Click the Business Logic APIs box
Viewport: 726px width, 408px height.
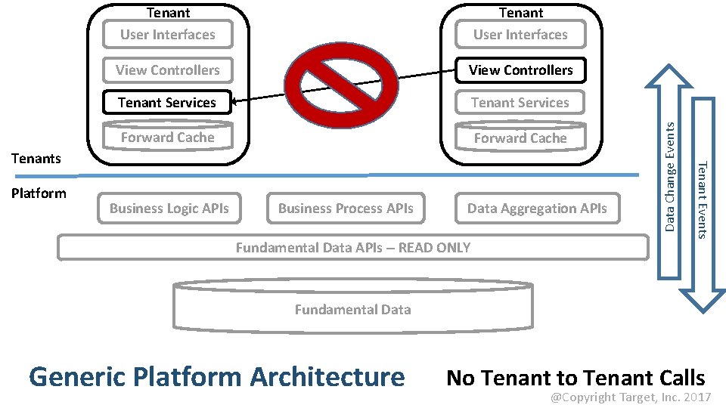(x=169, y=209)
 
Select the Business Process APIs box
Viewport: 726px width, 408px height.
(x=346, y=209)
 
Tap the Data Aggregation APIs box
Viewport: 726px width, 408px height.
(x=537, y=209)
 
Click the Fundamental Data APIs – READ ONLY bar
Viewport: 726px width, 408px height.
(x=353, y=247)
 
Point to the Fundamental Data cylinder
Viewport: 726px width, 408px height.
(x=353, y=308)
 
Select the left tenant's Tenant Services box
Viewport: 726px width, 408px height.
(x=167, y=103)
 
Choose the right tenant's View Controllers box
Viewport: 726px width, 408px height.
(x=520, y=70)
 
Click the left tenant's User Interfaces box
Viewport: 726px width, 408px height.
(x=167, y=35)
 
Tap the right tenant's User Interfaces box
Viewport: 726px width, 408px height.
(x=520, y=35)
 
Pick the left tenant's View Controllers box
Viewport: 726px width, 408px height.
(x=167, y=70)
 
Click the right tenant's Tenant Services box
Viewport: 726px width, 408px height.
(x=520, y=103)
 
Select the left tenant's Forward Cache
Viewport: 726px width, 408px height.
(x=167, y=138)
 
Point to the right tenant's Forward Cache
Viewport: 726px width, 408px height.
(x=520, y=138)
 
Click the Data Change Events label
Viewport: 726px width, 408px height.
(x=670, y=177)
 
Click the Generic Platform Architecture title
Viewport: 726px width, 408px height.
(x=216, y=376)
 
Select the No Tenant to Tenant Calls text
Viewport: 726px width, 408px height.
(x=576, y=378)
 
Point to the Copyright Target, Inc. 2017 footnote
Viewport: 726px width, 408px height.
(x=630, y=397)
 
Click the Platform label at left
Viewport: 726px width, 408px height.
(x=39, y=193)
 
